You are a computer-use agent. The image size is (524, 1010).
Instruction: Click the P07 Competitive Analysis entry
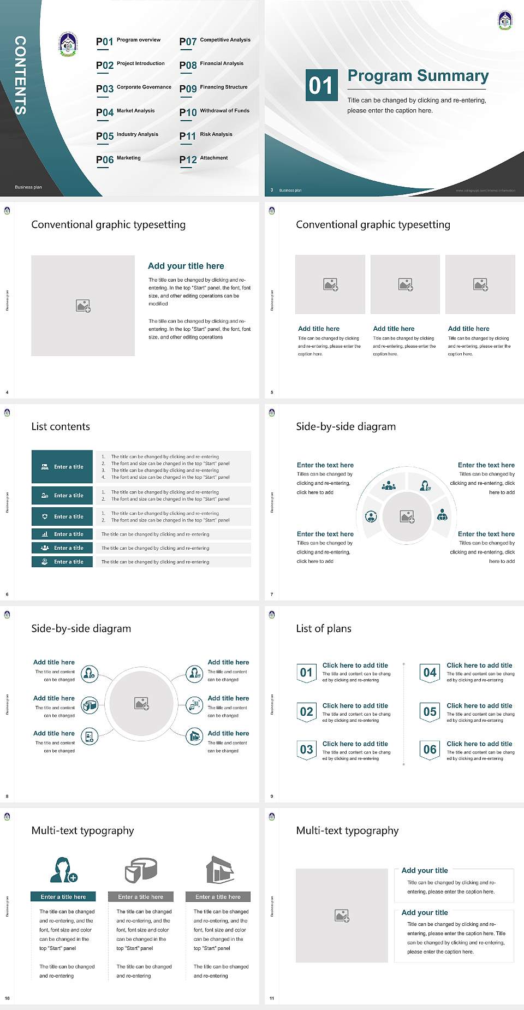coord(215,41)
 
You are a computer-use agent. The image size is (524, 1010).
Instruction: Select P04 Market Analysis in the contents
coord(126,112)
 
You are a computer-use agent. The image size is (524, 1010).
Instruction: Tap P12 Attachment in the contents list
coord(204,159)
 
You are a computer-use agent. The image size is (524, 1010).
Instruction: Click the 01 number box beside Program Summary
coord(320,85)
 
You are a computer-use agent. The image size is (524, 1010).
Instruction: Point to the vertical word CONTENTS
coord(20,75)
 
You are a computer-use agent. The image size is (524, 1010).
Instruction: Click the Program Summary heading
coord(418,76)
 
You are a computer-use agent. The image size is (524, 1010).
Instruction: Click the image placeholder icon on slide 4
coord(83,306)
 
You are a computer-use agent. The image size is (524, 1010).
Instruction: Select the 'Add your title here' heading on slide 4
coord(186,266)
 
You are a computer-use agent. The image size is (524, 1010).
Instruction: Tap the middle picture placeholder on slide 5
coord(405,284)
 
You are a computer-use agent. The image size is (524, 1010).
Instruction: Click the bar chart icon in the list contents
coord(45,534)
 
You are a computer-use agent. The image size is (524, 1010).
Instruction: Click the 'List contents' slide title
coord(61,426)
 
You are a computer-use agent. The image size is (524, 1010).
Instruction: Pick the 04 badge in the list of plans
coord(430,673)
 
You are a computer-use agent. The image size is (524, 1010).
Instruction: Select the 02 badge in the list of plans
coord(306,711)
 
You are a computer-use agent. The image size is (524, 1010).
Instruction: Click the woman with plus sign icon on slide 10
coord(63,870)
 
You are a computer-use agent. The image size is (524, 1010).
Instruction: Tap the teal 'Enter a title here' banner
coord(63,896)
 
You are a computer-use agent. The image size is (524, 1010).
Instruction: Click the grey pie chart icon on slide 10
coord(141,870)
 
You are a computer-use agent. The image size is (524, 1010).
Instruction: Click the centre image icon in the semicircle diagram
coord(407,516)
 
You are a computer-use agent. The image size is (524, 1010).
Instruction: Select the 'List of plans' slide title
coord(324,628)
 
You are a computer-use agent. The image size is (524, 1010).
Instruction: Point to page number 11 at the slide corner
coord(272,999)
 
